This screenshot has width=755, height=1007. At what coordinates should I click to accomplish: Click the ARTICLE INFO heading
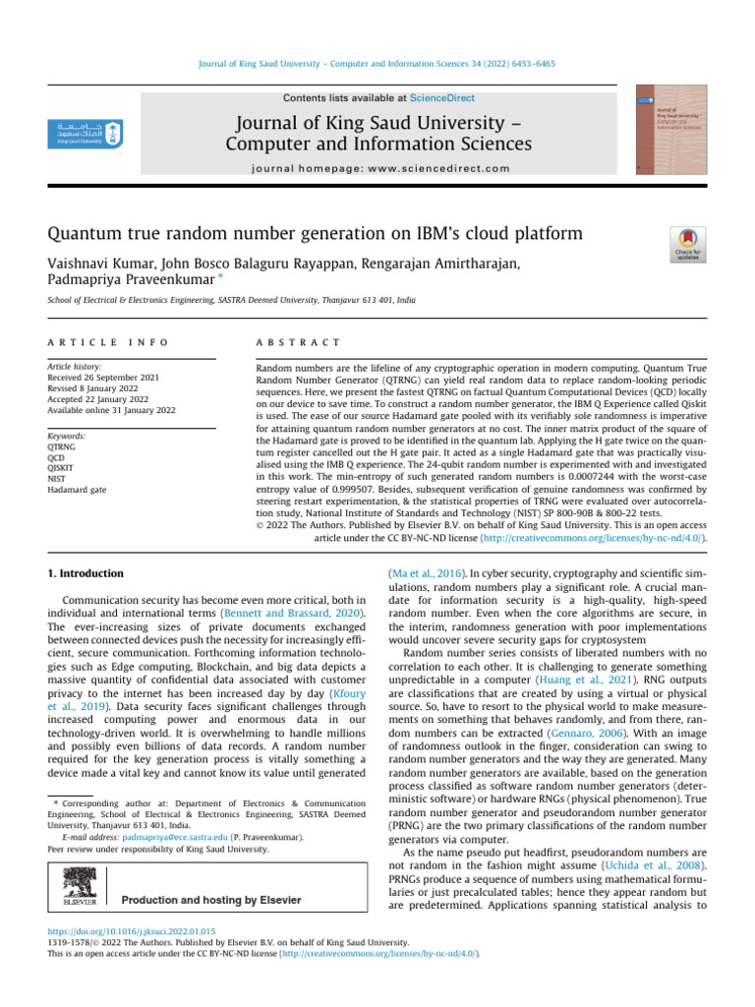point(108,342)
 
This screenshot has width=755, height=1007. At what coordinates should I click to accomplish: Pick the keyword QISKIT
point(62,467)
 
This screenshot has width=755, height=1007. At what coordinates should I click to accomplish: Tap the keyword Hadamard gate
point(78,489)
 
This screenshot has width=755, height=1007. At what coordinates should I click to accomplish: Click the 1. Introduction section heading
point(87,572)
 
